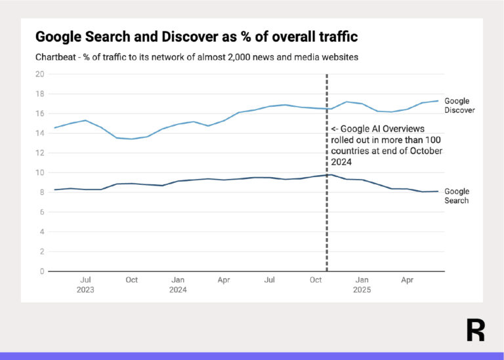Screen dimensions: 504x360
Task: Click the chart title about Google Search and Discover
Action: click(x=196, y=37)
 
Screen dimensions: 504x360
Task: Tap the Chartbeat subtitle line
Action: click(x=197, y=57)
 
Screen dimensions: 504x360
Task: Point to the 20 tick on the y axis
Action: click(x=40, y=74)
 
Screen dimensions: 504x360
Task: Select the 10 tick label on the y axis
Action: click(x=40, y=172)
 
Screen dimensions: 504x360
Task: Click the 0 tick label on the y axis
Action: click(x=42, y=271)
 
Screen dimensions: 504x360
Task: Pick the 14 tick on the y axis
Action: click(x=40, y=133)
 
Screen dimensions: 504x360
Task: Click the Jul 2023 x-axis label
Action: click(x=85, y=285)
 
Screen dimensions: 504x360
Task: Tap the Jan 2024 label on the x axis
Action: click(x=178, y=285)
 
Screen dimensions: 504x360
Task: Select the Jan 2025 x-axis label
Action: click(x=362, y=285)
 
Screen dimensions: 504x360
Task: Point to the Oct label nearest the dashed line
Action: click(x=316, y=280)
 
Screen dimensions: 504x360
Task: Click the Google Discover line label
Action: click(x=459, y=106)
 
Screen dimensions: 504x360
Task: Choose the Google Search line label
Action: click(x=457, y=196)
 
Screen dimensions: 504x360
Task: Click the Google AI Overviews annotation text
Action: click(x=387, y=145)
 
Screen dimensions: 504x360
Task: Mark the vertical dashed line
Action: click(x=327, y=172)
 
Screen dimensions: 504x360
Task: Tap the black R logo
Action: click(x=475, y=330)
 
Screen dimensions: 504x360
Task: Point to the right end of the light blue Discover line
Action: click(x=438, y=101)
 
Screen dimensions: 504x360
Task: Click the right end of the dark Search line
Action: click(x=438, y=191)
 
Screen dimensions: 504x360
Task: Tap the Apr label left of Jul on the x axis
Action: click(x=224, y=280)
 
